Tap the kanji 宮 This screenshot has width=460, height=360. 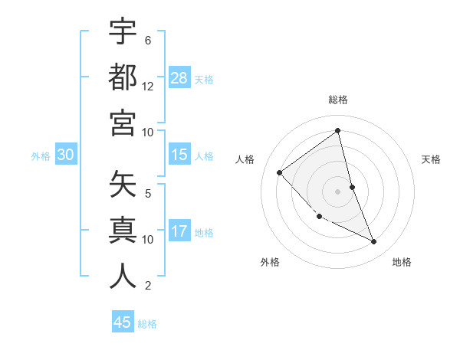point(123,123)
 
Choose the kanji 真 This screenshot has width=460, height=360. point(123,231)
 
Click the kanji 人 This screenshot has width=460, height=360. point(123,277)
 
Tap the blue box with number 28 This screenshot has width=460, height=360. point(179,78)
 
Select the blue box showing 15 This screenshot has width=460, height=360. point(179,155)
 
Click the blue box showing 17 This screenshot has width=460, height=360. point(179,232)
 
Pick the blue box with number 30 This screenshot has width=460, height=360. point(66,155)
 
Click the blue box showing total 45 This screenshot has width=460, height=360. point(123,322)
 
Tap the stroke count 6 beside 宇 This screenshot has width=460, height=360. point(148,40)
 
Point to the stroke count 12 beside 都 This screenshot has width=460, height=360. point(148,86)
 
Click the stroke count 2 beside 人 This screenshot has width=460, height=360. point(148,286)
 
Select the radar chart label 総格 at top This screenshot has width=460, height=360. point(338,100)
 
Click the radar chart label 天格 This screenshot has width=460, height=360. point(432,159)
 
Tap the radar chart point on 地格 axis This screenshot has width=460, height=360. point(374,242)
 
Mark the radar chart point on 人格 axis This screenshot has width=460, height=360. point(280,172)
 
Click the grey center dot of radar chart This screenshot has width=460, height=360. point(338,191)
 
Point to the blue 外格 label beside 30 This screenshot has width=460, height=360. point(41,156)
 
